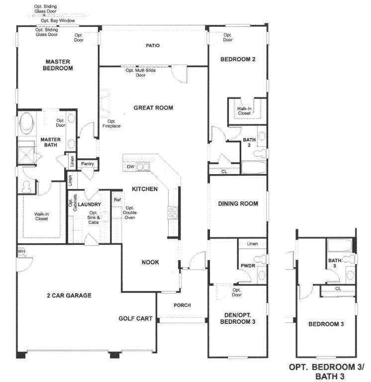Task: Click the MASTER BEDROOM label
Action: [x=58, y=65]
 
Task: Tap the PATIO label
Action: [x=153, y=46]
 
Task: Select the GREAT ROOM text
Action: [x=153, y=107]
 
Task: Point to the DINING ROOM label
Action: [x=238, y=203]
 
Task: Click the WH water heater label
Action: [x=21, y=251]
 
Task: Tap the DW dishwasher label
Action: [x=131, y=167]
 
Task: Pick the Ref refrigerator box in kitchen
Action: [x=117, y=200]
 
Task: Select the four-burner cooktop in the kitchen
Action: [x=173, y=213]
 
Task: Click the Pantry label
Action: [x=88, y=164]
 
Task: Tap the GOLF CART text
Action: [x=135, y=318]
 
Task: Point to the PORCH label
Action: [x=182, y=305]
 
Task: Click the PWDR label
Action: [x=248, y=266]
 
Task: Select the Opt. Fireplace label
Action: [x=111, y=123]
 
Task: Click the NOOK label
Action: [x=150, y=262]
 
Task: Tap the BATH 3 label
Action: [x=335, y=263]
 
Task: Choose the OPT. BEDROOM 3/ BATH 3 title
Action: [x=326, y=372]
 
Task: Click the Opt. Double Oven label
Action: [x=130, y=213]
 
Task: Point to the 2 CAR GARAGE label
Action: [x=69, y=295]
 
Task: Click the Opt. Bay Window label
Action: [x=58, y=20]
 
